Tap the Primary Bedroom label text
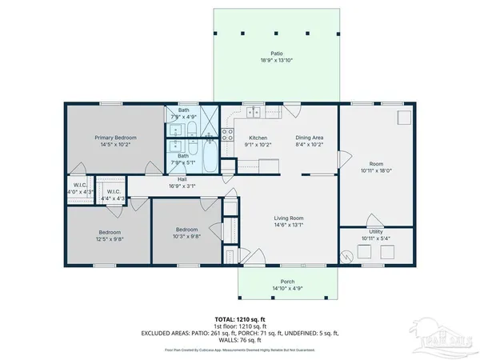point(115,138)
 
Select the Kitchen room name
point(258,138)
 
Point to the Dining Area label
point(309,138)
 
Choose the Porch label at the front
point(287,281)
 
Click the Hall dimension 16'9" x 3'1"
point(182,185)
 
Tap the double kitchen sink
point(252,112)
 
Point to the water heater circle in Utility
point(346,256)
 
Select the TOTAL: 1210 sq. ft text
point(239,319)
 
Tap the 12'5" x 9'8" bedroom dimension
point(110,239)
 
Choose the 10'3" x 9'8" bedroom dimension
point(187,236)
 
